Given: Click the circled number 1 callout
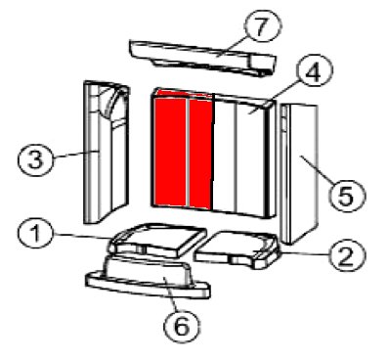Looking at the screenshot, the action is [x=35, y=235].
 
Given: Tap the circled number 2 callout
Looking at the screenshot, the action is [x=346, y=255].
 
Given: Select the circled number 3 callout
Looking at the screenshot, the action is [x=35, y=160].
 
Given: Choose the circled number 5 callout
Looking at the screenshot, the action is [x=347, y=196].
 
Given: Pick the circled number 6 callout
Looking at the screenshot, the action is [x=182, y=326].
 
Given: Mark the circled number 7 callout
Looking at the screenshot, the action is [x=262, y=26].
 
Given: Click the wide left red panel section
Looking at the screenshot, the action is [x=170, y=154].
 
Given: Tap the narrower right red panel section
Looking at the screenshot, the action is [x=200, y=154].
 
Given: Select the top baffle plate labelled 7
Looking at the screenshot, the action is [x=202, y=58].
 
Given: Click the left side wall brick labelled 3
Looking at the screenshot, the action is [x=107, y=152].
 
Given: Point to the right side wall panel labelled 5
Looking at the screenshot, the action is [x=298, y=174].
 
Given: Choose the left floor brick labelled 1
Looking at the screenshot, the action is [x=156, y=240].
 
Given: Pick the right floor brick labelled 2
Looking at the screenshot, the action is [x=237, y=249].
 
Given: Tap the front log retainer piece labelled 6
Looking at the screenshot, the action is [x=148, y=277].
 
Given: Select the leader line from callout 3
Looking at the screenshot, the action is [x=75, y=155].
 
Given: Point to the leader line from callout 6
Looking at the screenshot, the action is [x=171, y=293].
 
